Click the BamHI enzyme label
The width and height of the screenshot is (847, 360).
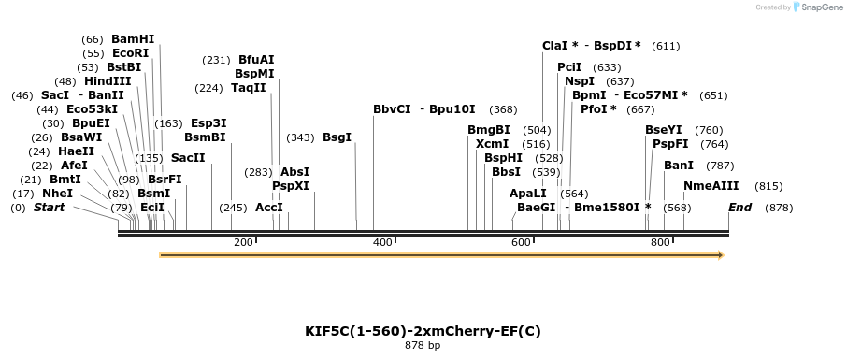click(133, 39)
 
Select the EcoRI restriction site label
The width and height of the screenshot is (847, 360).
click(131, 53)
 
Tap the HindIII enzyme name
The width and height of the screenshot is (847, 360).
click(108, 81)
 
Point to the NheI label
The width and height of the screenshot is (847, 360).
click(58, 194)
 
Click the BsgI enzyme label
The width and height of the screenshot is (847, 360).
click(337, 137)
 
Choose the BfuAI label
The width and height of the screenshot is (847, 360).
click(256, 60)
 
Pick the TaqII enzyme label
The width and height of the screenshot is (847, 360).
click(249, 88)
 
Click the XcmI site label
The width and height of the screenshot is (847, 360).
click(492, 144)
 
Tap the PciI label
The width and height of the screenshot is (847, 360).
click(569, 67)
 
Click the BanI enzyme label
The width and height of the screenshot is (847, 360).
click(679, 166)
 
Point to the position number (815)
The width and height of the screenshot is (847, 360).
click(768, 186)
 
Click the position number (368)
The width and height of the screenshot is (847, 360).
click(503, 109)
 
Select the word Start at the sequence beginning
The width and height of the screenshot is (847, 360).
click(49, 207)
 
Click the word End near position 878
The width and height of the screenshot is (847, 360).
click(740, 207)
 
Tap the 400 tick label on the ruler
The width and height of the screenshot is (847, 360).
click(381, 242)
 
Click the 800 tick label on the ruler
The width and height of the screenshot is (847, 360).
click(660, 242)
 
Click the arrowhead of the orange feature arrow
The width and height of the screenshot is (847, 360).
click(720, 254)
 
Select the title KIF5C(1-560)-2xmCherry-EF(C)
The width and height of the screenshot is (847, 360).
click(423, 331)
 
